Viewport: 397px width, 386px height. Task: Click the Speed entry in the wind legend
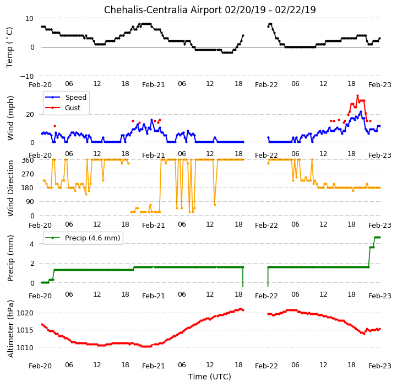[75, 97]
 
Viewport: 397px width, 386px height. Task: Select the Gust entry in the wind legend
[73, 108]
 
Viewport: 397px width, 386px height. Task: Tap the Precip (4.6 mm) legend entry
[93, 238]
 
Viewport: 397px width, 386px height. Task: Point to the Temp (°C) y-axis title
[9, 47]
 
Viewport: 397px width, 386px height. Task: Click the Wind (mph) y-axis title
[10, 118]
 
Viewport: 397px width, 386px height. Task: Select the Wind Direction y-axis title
[10, 188]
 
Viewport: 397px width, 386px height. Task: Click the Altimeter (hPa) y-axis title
[10, 329]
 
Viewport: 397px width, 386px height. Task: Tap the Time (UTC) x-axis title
[210, 377]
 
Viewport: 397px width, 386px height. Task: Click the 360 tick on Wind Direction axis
[28, 160]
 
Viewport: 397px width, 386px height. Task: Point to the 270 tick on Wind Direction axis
[28, 174]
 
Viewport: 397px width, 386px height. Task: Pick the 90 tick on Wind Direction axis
[30, 202]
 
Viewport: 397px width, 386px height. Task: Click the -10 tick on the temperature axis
[27, 76]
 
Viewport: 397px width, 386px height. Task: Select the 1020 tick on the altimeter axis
[25, 313]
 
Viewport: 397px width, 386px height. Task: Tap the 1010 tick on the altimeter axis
[25, 348]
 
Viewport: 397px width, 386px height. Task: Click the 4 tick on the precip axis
[32, 244]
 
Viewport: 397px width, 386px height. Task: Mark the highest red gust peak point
[357, 95]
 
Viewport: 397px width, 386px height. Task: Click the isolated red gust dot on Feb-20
[55, 126]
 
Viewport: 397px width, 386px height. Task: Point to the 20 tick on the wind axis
[30, 115]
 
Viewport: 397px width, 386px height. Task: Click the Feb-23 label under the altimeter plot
[380, 366]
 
